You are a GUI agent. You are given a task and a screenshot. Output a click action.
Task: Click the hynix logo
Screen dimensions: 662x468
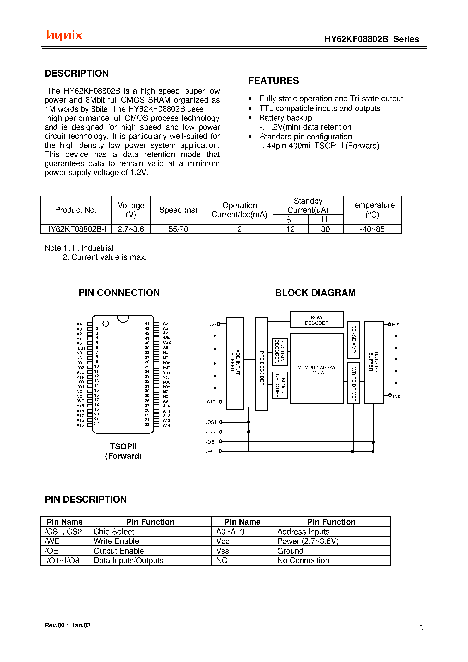pyautogui.click(x=64, y=35)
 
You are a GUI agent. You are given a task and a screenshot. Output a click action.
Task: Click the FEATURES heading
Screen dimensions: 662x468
pyautogui.click(x=273, y=81)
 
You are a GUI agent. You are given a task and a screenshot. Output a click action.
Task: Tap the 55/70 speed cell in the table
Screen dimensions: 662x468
pyautogui.click(x=178, y=229)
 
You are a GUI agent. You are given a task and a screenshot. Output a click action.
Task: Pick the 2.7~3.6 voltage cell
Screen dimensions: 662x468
pyautogui.click(x=131, y=229)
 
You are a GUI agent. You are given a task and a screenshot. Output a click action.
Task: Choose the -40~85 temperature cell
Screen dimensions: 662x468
pyautogui.click(x=372, y=229)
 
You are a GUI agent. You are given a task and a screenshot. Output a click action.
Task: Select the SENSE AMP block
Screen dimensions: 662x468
pyautogui.click(x=353, y=339)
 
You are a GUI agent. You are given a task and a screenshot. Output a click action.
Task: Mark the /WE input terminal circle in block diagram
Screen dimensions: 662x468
pyautogui.click(x=220, y=451)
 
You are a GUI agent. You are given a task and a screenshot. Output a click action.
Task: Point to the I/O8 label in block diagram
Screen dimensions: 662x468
pyautogui.click(x=397, y=396)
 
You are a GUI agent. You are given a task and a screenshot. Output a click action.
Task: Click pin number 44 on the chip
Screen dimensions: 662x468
pyautogui.click(x=147, y=324)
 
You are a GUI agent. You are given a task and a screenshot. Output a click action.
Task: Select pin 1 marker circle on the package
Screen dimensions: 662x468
pyautogui.click(x=106, y=324)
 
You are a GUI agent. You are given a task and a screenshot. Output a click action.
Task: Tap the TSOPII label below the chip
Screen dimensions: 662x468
pyautogui.click(x=123, y=446)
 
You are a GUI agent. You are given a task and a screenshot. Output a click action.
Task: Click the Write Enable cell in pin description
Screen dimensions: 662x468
pyautogui.click(x=116, y=541)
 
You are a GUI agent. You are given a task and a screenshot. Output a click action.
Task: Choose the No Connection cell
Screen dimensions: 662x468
pyautogui.click(x=303, y=560)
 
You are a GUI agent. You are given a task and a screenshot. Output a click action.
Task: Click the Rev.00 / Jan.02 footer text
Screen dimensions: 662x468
pyautogui.click(x=67, y=625)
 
